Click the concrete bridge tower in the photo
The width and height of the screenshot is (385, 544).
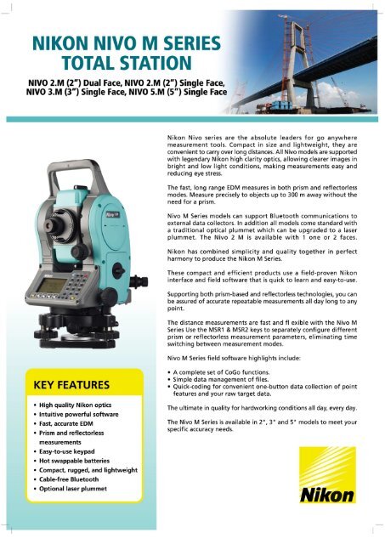tap(303, 59)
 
